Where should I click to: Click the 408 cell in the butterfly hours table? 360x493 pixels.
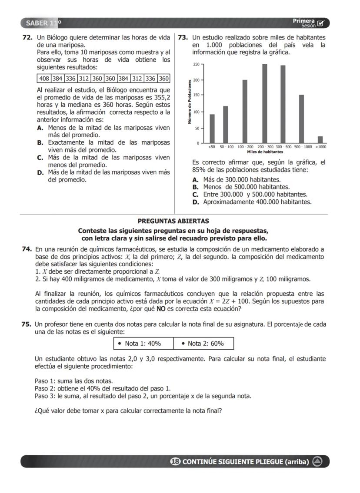[x=44, y=79]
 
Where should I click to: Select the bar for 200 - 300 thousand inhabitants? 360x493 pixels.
[x=264, y=103]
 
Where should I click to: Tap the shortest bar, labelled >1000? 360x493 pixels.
[x=320, y=139]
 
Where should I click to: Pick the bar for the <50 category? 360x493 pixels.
[x=212, y=129]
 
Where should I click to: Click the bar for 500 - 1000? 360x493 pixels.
[x=301, y=119]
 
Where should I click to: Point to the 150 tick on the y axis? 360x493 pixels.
[x=197, y=96]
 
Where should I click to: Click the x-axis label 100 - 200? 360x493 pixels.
[x=245, y=147]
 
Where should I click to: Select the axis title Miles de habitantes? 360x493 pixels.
[x=265, y=152]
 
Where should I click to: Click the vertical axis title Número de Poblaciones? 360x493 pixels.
[x=190, y=102]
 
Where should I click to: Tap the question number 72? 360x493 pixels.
[x=27, y=38]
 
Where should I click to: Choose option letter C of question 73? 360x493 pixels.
[x=195, y=194]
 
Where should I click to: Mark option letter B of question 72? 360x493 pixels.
[x=40, y=142]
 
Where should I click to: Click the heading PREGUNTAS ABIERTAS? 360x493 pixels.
[x=173, y=221]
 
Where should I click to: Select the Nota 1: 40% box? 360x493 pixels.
[x=143, y=344]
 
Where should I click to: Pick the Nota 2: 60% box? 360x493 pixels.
[x=203, y=344]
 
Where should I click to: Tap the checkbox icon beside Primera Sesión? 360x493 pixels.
[x=321, y=23]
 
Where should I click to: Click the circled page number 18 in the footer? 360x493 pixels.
[x=175, y=461]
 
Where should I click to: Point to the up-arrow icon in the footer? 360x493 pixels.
[x=317, y=461]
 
